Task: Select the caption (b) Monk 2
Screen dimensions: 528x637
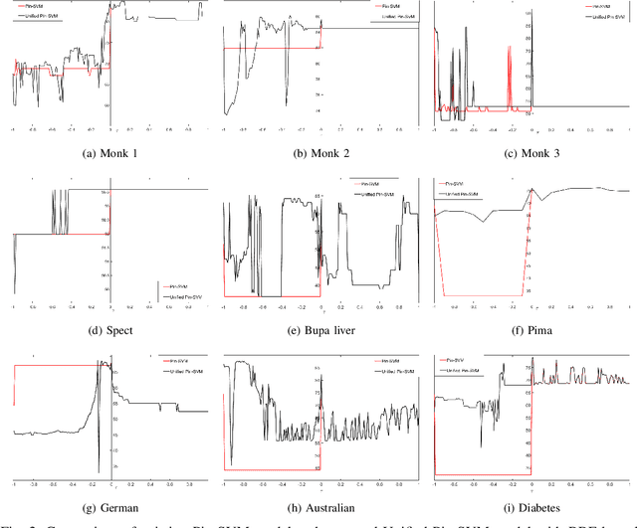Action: coord(320,152)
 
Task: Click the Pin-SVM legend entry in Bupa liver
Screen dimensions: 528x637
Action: coord(369,184)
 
